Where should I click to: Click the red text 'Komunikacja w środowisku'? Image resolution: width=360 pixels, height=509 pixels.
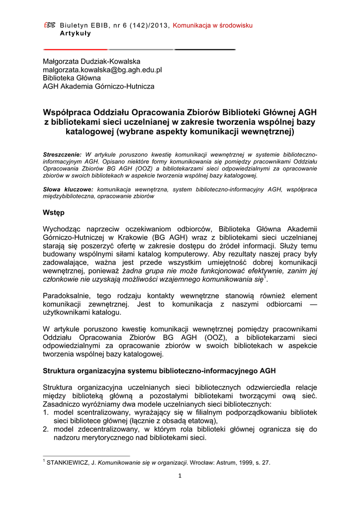pos(213,25)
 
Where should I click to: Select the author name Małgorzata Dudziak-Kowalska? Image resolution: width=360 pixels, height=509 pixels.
pos(91,61)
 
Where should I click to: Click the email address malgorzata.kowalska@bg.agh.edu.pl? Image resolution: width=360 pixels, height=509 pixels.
pos(102,70)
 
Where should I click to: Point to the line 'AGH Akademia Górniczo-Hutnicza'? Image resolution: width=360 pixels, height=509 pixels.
pos(98,86)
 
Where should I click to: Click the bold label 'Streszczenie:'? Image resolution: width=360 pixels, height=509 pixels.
pos(63,155)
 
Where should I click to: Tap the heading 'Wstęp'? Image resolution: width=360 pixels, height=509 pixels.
pos(54,213)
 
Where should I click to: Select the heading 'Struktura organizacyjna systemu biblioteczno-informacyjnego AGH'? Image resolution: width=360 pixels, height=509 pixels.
pos(159,371)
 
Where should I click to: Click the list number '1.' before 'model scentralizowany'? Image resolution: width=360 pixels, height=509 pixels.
pos(46,413)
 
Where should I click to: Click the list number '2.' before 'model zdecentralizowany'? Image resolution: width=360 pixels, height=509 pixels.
pos(46,429)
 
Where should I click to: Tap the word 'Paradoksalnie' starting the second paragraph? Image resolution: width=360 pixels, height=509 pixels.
pos(66,296)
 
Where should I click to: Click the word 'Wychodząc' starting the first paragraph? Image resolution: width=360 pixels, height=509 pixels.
pos(62,229)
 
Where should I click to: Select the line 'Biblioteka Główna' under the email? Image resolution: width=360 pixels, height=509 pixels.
pos(72,78)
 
